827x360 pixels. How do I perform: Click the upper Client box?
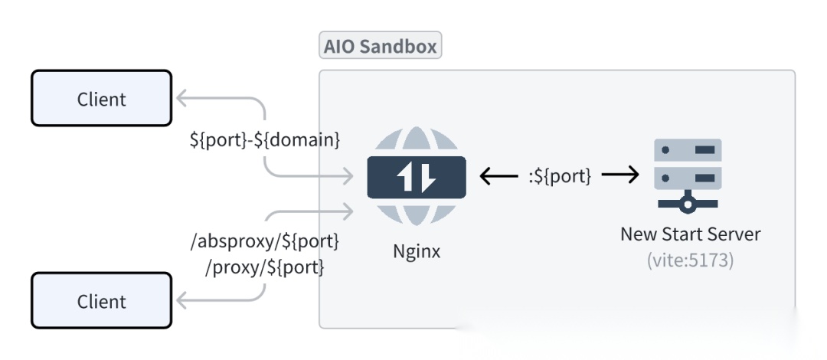101,98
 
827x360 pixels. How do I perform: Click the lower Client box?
101,301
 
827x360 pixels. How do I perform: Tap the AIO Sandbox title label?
380,46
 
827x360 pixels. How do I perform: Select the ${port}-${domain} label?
265,140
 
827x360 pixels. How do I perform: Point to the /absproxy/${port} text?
265,241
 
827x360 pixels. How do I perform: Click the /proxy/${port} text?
265,267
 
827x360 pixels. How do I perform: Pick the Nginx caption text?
417,250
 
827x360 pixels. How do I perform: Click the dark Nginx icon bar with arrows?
417,177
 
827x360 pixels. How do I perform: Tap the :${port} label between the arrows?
561,175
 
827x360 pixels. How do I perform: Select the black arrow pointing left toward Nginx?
498,176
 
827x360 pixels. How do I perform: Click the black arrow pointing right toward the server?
620,176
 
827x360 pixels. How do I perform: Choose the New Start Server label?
690,234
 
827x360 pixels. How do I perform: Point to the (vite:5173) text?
690,260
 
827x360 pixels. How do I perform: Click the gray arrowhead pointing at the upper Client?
182,98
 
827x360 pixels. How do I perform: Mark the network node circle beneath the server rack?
688,205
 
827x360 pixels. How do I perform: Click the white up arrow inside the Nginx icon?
405,177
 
